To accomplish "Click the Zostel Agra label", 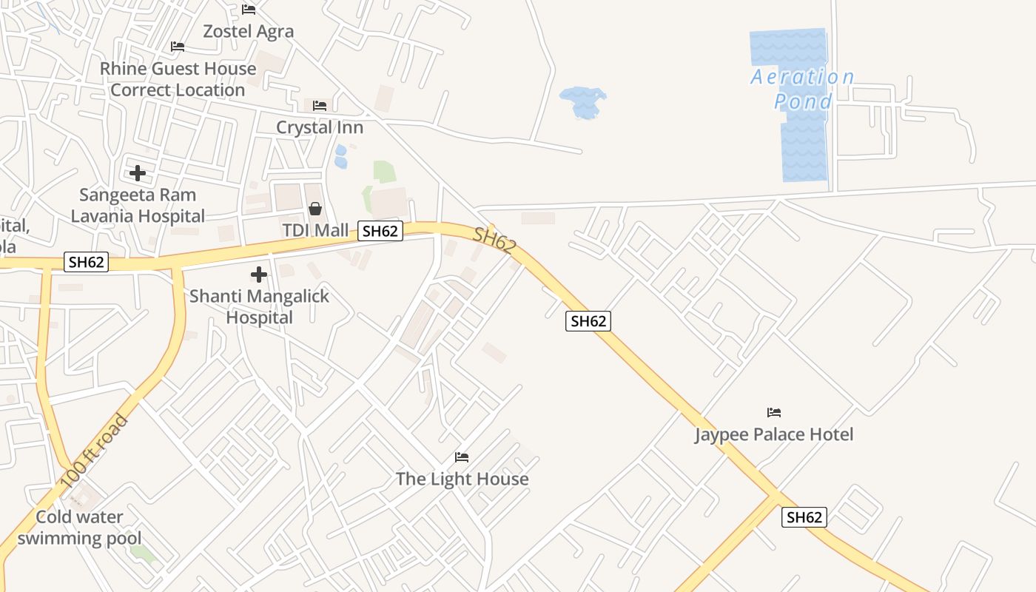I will click(x=249, y=32).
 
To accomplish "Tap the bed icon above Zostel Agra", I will click(x=249, y=10).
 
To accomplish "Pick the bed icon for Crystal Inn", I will click(x=320, y=106).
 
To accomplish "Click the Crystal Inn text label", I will click(x=320, y=127).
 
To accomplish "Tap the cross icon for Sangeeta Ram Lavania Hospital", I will click(x=138, y=173).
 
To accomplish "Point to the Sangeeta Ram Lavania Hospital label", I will click(x=138, y=206).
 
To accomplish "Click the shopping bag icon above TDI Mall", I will click(x=315, y=209).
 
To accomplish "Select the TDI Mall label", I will click(x=315, y=230).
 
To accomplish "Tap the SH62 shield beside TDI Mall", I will click(x=380, y=231).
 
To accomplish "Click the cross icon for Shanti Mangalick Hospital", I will click(x=259, y=275).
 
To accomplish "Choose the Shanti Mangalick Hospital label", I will click(x=259, y=307).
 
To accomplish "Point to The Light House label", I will click(x=462, y=479).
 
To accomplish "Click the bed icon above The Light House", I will click(x=462, y=457).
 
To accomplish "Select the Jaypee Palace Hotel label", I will click(x=774, y=434).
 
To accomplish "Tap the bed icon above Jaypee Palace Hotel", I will click(x=774, y=412).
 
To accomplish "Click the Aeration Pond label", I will click(x=803, y=89).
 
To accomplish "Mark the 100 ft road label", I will click(x=94, y=451).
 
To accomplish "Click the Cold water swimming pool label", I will click(x=80, y=528).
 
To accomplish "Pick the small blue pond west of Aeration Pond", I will click(x=583, y=101).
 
